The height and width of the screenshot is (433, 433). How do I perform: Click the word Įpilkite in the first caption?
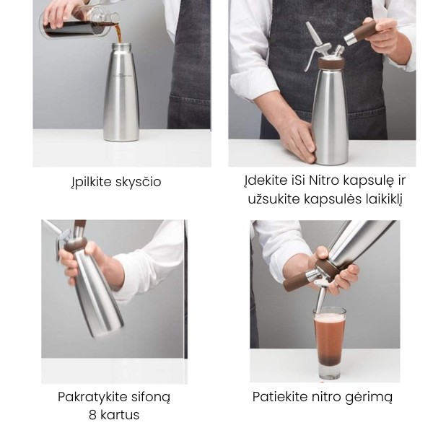coord(91,182)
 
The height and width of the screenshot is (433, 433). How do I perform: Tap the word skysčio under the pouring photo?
coord(138,182)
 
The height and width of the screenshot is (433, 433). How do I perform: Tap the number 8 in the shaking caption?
coord(93,415)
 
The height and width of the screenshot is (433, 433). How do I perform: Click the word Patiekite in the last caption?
coord(280,397)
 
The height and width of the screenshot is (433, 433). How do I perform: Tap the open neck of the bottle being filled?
coord(121,45)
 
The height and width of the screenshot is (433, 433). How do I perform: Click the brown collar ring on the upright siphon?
coord(331,64)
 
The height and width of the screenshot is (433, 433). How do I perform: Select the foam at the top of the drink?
coord(330,317)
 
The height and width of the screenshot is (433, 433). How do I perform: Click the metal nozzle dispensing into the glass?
coord(321,299)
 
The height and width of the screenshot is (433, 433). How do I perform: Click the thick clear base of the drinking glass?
coord(329,372)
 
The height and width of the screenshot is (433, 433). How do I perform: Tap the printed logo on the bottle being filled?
coord(120,75)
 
